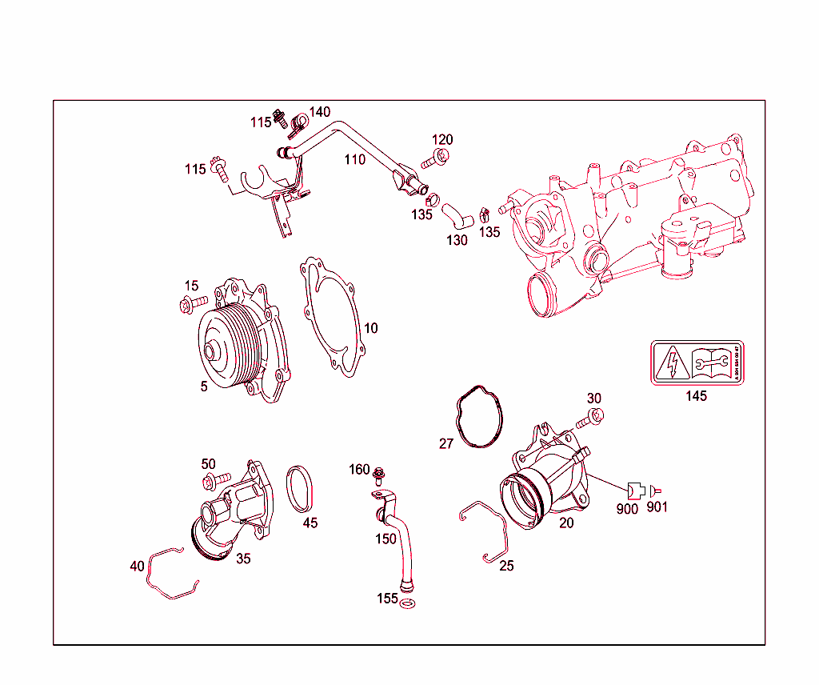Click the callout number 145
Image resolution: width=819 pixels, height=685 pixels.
click(x=696, y=396)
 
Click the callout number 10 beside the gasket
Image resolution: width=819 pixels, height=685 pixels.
click(x=370, y=328)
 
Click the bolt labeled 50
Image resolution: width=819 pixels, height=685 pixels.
click(x=216, y=481)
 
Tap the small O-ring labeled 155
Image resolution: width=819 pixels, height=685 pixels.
click(x=407, y=603)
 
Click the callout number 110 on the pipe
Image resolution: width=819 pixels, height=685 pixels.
click(x=354, y=159)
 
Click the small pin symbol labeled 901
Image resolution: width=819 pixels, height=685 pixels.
click(x=657, y=489)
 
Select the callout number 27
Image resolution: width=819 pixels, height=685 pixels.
click(x=445, y=443)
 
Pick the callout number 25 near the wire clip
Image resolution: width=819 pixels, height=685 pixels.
click(x=506, y=566)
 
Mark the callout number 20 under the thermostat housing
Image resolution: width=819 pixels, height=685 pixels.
click(x=566, y=523)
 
